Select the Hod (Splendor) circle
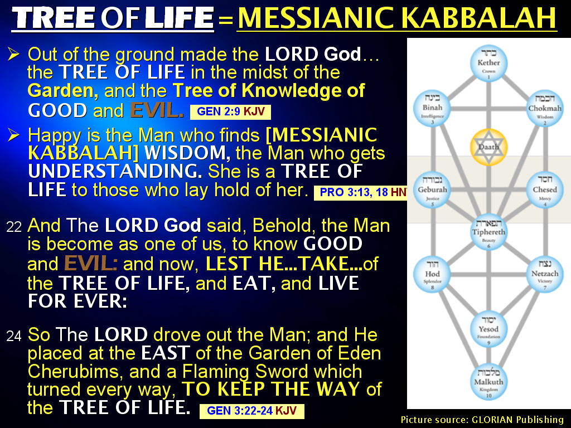coord(432,274)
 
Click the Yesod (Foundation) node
coord(489,329)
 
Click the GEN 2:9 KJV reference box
coord(230,112)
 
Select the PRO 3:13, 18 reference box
coord(360,193)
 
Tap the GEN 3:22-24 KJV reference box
coord(251,411)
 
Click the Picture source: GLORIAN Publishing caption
coord(482,420)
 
